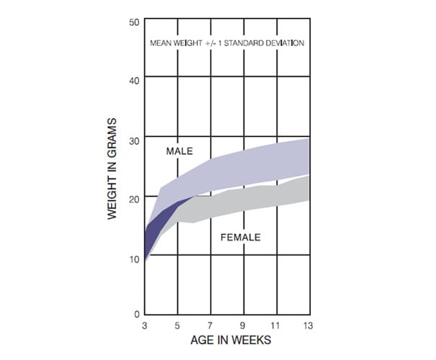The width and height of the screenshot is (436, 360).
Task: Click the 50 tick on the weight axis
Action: [x=134, y=22]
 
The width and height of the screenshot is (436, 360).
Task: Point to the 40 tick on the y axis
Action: [x=134, y=80]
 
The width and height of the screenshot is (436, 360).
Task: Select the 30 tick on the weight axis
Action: [x=134, y=140]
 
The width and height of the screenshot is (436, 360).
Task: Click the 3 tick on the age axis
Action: [x=145, y=325]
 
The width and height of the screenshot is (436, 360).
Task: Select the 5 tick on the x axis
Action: [x=177, y=325]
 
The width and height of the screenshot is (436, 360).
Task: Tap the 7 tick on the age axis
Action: [x=210, y=325]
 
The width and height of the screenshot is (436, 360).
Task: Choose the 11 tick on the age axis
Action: [x=277, y=325]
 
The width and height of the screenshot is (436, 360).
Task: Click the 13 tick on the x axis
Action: [x=308, y=325]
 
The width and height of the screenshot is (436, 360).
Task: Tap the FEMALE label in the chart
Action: [x=240, y=237]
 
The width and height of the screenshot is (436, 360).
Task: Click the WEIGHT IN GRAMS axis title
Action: [x=113, y=168]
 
